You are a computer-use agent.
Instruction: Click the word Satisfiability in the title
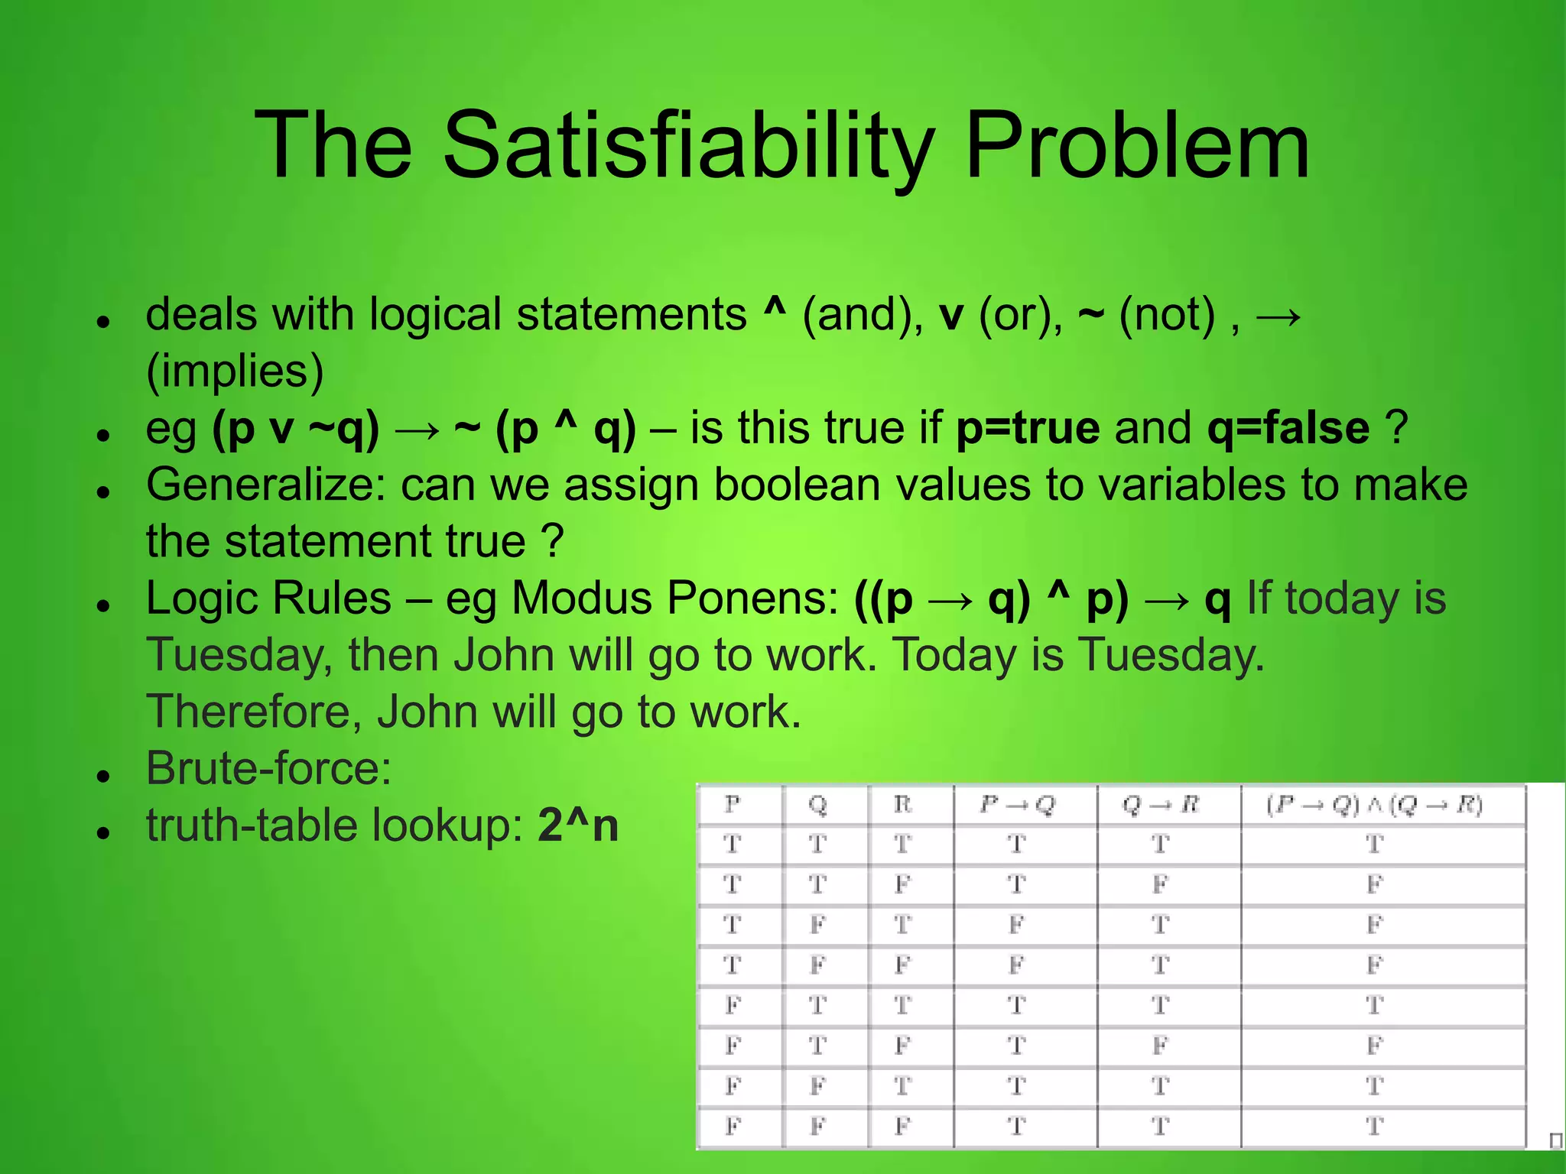[688, 145]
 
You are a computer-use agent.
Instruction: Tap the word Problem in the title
[1137, 145]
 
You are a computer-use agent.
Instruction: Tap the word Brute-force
[268, 768]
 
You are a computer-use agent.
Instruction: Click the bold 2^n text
[577, 825]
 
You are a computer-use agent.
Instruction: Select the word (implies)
[235, 371]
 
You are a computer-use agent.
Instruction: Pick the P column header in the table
[732, 804]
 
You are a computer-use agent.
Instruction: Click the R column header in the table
[902, 804]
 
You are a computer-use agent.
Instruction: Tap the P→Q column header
[1017, 804]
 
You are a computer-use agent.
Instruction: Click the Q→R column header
[1160, 804]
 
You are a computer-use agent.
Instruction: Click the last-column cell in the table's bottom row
[1374, 1125]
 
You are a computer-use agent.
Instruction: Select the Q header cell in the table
[817, 804]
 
